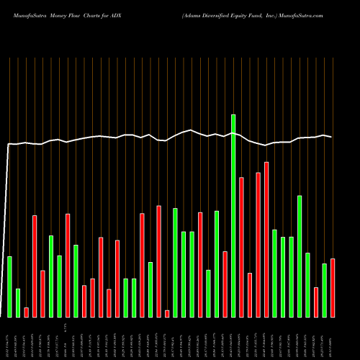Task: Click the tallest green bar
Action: click(233, 215)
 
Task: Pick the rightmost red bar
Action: click(333, 287)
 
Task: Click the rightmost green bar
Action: click(324, 290)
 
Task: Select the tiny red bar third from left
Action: click(26, 312)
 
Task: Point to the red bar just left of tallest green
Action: click(225, 284)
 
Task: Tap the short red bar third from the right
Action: click(316, 302)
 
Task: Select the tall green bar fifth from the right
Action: click(300, 256)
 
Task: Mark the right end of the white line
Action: click(331, 136)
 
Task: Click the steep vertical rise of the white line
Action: click(6, 230)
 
